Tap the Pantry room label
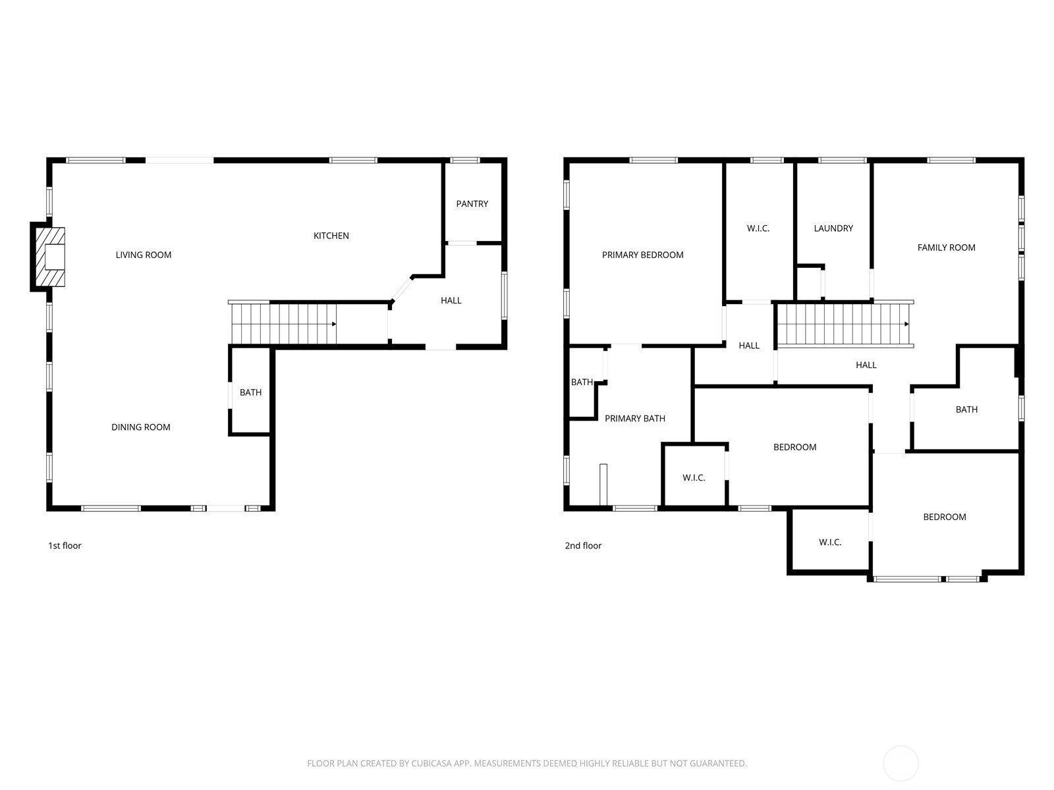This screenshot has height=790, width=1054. tap(472, 204)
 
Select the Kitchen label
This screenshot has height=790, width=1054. tap(331, 236)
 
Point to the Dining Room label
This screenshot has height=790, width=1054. tap(141, 427)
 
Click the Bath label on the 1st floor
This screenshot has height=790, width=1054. tap(251, 392)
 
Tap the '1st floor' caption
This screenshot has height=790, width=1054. tap(65, 545)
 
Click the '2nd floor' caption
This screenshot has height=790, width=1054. tap(583, 545)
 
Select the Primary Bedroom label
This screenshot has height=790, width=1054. tap(642, 255)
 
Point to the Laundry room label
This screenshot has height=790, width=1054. tap(833, 228)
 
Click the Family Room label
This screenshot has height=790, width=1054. tap(946, 248)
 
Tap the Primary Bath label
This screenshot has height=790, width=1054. tap(635, 418)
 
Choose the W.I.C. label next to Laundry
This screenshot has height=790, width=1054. tap(758, 228)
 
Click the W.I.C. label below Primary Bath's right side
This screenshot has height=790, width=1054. tap(694, 478)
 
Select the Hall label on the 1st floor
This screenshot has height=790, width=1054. tap(451, 300)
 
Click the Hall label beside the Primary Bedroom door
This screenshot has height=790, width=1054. tap(748, 346)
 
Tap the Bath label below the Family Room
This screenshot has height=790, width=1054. tap(966, 409)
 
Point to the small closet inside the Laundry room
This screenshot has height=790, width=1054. tap(809, 284)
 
